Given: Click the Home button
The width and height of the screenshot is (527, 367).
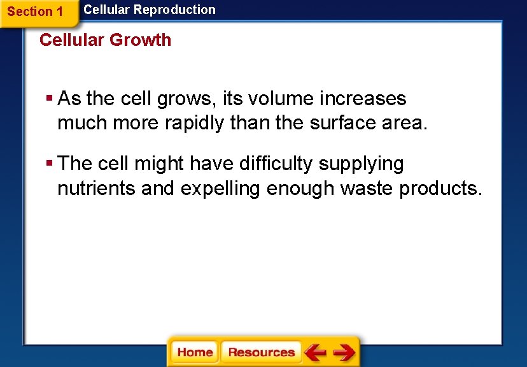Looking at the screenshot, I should (x=195, y=352).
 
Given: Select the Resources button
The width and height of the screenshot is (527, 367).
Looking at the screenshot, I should (x=261, y=352).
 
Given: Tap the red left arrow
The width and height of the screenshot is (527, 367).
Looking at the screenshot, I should (x=315, y=352).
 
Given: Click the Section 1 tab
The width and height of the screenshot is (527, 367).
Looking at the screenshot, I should (x=36, y=11).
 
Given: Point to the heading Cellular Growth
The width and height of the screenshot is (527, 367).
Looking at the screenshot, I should (x=105, y=40).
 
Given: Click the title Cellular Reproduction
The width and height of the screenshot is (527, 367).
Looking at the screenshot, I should (x=150, y=10).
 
